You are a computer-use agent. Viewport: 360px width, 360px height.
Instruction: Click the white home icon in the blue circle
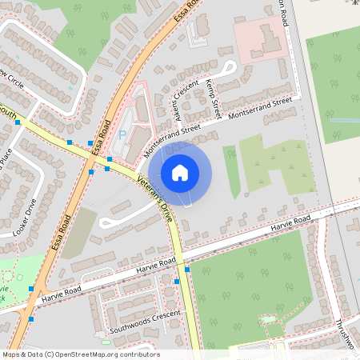pos(180,172)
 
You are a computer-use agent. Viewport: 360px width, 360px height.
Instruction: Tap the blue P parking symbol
pos(122,135)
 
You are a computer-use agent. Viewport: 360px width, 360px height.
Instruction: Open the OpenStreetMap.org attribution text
pos(80,354)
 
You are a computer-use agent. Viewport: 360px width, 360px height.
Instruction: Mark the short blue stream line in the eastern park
pos(345,121)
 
